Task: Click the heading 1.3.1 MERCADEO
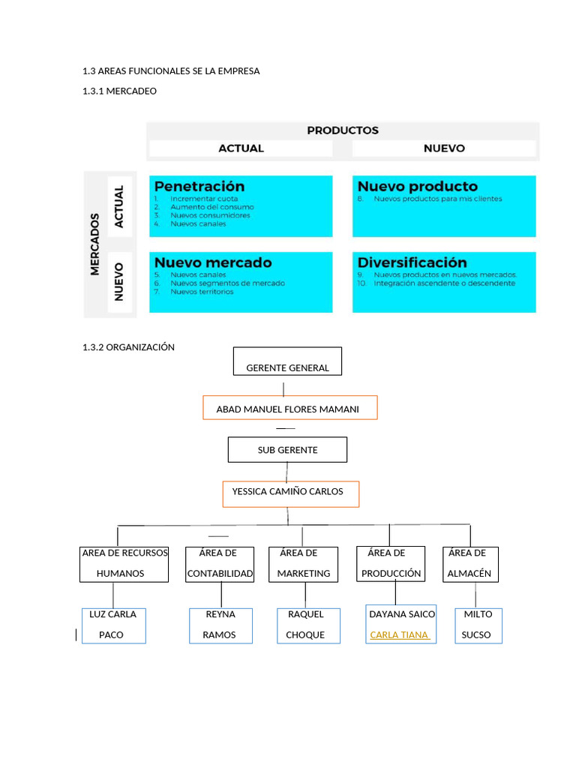point(120,91)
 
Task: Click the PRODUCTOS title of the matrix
point(343,130)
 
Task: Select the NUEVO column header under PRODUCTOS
point(444,148)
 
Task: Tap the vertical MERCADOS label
point(95,244)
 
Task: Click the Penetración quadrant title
point(199,186)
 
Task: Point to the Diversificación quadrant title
point(412,262)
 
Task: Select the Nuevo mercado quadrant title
point(213,262)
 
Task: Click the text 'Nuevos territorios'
point(202,292)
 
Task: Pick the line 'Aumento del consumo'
point(211,207)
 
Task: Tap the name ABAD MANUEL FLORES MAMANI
point(287,409)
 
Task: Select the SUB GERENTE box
point(287,450)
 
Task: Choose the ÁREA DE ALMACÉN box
point(470,564)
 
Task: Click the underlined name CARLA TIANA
point(400,634)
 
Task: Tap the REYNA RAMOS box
point(220,625)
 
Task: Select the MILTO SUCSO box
point(478,625)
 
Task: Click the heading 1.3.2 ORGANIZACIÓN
point(128,347)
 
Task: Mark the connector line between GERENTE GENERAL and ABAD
point(283,388)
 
